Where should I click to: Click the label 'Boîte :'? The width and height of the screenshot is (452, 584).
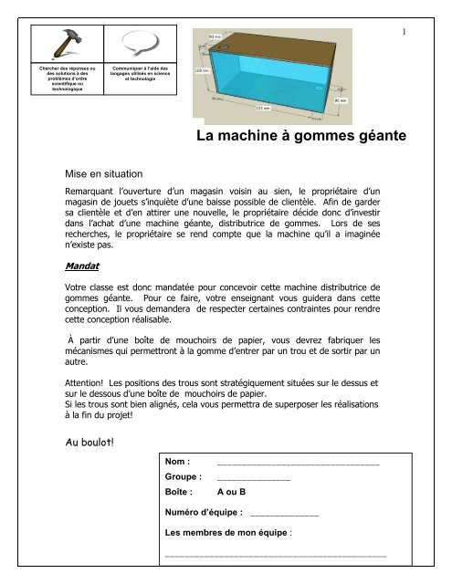coord(178,492)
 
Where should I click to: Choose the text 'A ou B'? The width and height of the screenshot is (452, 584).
coord(234,492)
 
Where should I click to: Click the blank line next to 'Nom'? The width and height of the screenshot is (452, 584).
coord(298,464)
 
